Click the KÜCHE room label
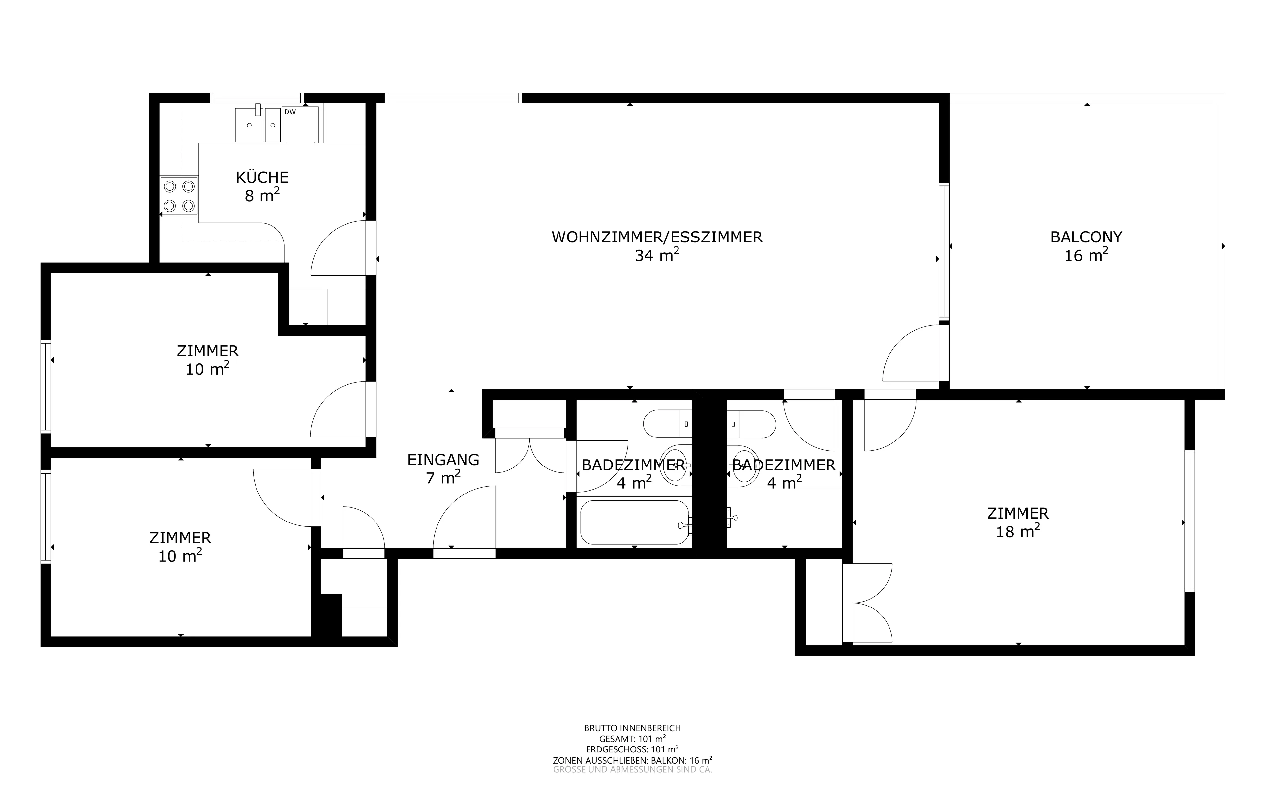(262, 177)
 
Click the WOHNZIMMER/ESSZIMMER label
(657, 237)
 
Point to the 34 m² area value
(657, 255)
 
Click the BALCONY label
(1086, 237)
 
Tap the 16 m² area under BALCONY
(1086, 255)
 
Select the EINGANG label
(443, 460)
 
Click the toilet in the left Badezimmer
(668, 424)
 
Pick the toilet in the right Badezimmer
(752, 424)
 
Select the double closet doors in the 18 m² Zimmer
(868, 603)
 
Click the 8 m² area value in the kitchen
(262, 195)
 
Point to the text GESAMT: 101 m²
(632, 739)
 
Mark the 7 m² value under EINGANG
(443, 477)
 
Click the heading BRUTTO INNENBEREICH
(632, 728)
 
